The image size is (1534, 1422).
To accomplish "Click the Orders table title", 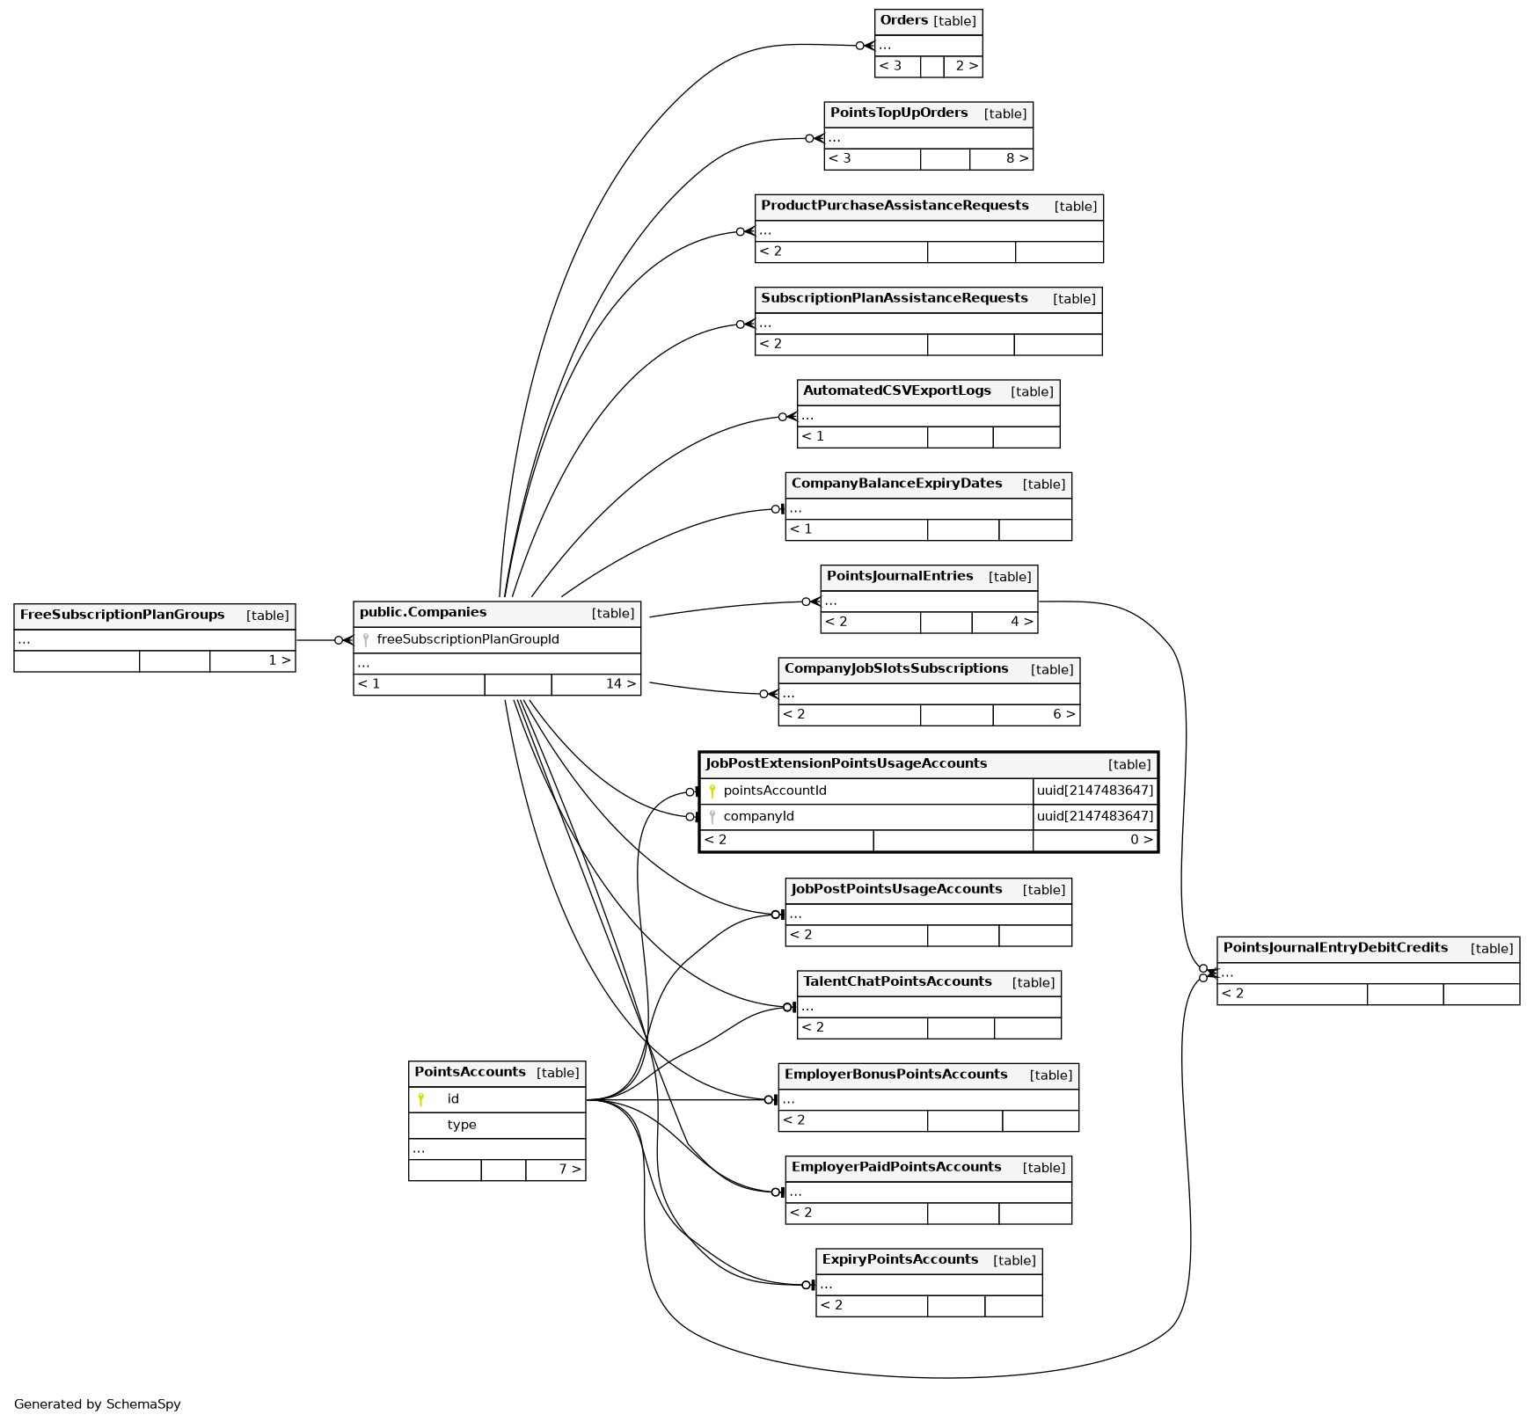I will click(903, 20).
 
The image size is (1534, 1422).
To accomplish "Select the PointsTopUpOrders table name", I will click(898, 113).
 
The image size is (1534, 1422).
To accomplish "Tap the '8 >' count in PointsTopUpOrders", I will click(1017, 159).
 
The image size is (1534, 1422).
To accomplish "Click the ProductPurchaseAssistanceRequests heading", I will click(894, 206).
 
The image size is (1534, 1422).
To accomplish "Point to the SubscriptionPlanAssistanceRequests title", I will click(894, 298).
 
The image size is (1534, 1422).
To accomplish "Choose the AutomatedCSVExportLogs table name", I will click(896, 390).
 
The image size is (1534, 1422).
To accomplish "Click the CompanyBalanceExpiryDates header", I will click(896, 484).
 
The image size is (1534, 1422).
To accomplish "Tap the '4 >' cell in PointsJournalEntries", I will click(1020, 622).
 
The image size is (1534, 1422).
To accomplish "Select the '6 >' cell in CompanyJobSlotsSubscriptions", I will click(1063, 714).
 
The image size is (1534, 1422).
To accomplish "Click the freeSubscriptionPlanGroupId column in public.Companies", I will click(467, 639).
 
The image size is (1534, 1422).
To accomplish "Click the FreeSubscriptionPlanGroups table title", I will click(121, 615).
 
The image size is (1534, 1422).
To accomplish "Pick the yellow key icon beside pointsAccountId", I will click(712, 791).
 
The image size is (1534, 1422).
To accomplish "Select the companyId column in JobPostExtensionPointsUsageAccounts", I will click(758, 816).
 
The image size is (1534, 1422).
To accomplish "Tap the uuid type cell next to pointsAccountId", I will click(1094, 791).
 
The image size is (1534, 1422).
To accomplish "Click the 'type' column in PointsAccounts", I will click(462, 1125).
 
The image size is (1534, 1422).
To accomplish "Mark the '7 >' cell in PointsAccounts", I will click(569, 1170).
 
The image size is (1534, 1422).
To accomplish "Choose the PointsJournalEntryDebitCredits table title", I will click(1334, 948).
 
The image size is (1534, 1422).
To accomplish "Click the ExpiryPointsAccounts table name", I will click(899, 1259).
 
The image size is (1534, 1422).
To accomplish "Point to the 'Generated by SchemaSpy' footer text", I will click(97, 1404).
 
